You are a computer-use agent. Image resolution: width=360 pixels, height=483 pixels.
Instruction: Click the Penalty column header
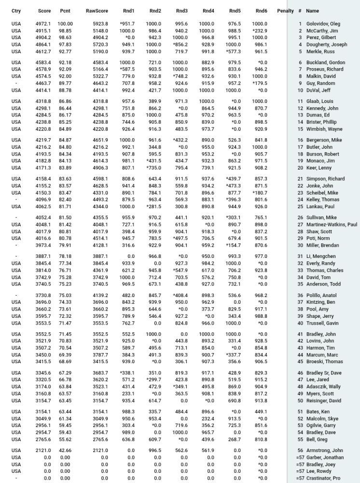[285, 11]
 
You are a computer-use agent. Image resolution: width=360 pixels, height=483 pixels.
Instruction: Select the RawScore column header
[97, 11]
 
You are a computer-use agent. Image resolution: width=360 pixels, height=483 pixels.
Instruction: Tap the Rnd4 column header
[208, 11]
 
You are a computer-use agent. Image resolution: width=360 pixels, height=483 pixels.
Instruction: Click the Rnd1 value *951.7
[127, 24]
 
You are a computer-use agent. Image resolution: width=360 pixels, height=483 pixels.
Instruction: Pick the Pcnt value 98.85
[65, 31]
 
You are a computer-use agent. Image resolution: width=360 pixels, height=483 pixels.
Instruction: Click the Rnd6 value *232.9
[259, 31]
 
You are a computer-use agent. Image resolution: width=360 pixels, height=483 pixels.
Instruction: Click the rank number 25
[300, 207]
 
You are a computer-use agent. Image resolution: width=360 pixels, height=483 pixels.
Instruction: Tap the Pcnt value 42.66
[65, 451]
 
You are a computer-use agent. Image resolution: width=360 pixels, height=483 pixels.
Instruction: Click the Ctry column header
[16, 11]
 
